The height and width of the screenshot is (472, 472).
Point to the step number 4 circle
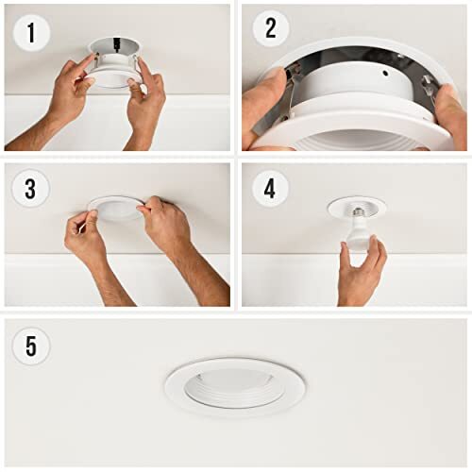(x=271, y=188)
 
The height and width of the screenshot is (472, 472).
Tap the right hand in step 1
(x=146, y=104)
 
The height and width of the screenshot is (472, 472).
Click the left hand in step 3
(x=87, y=236)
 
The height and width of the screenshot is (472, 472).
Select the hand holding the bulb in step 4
(x=361, y=269)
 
